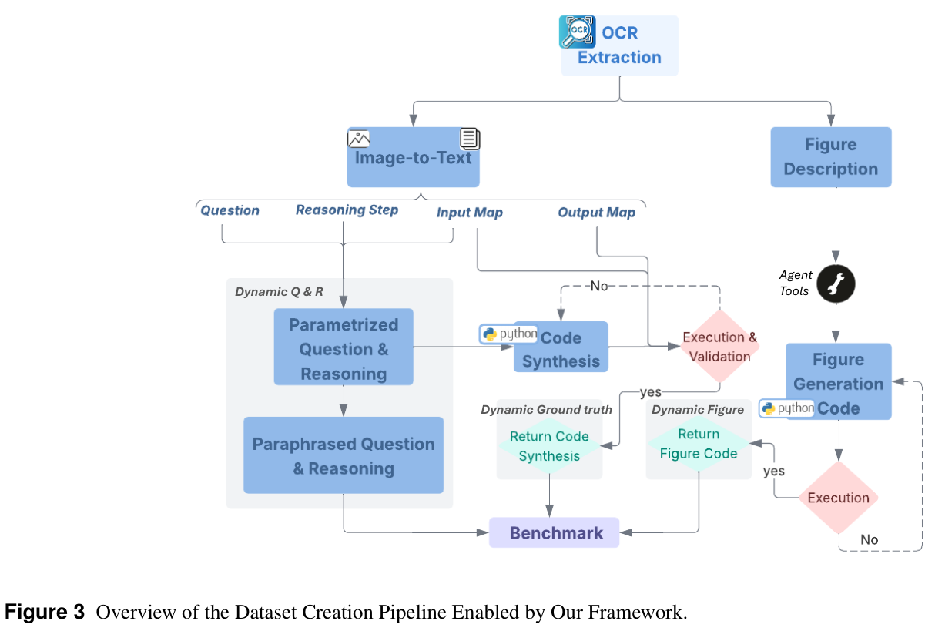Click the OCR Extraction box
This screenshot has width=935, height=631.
pyautogui.click(x=619, y=46)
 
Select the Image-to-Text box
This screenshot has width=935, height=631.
pyautogui.click(x=413, y=157)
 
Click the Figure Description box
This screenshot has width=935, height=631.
pyautogui.click(x=830, y=157)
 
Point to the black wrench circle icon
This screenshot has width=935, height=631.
pyautogui.click(x=836, y=284)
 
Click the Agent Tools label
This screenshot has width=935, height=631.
pyautogui.click(x=795, y=283)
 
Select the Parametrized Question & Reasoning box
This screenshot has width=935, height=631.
pyautogui.click(x=344, y=349)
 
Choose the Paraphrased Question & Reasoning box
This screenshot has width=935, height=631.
pyautogui.click(x=344, y=455)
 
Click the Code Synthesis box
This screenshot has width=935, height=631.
pyautogui.click(x=561, y=349)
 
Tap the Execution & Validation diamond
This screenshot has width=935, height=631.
pyautogui.click(x=719, y=347)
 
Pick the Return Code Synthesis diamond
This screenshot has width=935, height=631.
pyautogui.click(x=548, y=446)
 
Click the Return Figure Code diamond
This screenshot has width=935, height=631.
pyautogui.click(x=698, y=444)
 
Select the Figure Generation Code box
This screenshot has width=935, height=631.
pyautogui.click(x=838, y=382)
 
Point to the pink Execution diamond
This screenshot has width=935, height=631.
pyautogui.click(x=838, y=498)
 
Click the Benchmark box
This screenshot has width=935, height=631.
pyautogui.click(x=555, y=532)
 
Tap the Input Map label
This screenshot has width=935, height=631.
pyautogui.click(x=469, y=213)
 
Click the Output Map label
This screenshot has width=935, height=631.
pyautogui.click(x=596, y=213)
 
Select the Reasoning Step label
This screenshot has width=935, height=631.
pyautogui.click(x=347, y=210)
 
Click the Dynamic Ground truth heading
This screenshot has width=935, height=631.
pyautogui.click(x=546, y=410)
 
